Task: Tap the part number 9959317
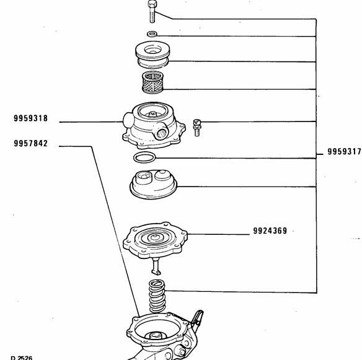(343, 152)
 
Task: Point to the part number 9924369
(270, 232)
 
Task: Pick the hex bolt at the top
(152, 12)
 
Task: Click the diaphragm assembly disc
(153, 238)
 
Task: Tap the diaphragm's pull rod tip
(156, 270)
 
